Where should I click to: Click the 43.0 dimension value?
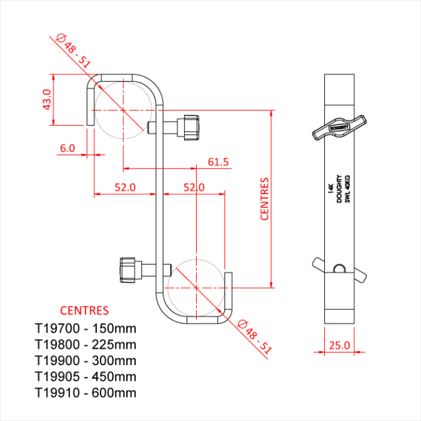45,100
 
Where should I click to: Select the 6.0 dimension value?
67,147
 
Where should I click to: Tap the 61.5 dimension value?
218,162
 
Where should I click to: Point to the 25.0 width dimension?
340,345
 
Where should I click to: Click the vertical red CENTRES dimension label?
265,198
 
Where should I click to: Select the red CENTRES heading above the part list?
84,311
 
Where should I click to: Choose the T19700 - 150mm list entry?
85,328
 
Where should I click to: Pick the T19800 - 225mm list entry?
85,345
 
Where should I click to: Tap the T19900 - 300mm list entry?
85,361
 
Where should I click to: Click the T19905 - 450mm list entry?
85,376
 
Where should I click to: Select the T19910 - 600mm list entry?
85,393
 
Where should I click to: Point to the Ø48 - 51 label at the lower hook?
256,337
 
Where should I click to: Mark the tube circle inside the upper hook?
123,109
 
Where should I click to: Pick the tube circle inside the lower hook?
197,288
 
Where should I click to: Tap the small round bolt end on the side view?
340,268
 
